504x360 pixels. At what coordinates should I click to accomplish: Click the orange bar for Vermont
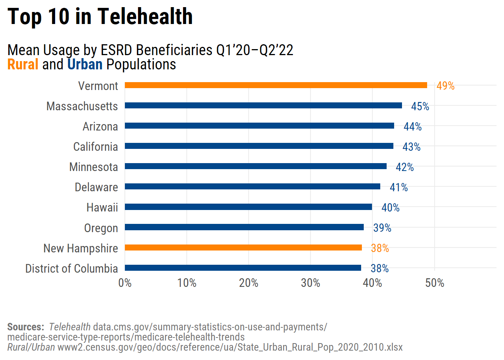[x=276, y=85]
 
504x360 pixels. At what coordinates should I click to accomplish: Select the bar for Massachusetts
[x=263, y=105]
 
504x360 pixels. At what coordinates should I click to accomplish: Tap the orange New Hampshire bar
[x=243, y=247]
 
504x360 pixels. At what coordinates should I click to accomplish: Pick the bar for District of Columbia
[x=243, y=268]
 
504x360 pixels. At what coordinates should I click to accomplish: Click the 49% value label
[x=445, y=86]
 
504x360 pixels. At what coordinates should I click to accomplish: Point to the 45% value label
[x=420, y=106]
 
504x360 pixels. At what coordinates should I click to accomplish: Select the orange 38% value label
[x=380, y=248]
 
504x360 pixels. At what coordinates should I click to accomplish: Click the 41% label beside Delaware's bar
[x=399, y=187]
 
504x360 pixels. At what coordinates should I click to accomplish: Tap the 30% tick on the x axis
[x=310, y=283]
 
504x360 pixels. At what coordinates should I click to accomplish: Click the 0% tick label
[x=125, y=283]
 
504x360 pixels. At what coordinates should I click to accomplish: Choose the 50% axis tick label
[x=435, y=283]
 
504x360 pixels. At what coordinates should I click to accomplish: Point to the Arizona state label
[x=100, y=126]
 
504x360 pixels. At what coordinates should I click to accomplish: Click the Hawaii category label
[x=102, y=207]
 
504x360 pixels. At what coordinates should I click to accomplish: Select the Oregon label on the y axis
[x=101, y=228]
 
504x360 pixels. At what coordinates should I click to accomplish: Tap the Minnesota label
[x=93, y=167]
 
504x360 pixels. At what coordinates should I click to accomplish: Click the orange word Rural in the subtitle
[x=23, y=64]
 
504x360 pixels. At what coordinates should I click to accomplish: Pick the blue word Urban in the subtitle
[x=85, y=64]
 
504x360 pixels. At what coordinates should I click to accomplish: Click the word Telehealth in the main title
[x=145, y=17]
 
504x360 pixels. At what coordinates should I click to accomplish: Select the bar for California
[x=259, y=146]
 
